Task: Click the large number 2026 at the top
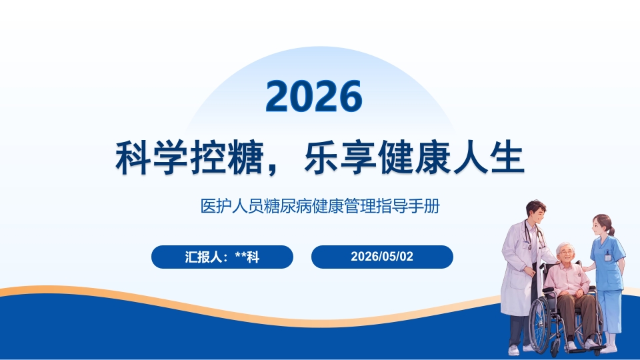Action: (314, 96)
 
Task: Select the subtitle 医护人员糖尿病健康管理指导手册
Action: (320, 206)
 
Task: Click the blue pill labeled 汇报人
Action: (222, 257)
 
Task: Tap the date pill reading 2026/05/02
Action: (382, 257)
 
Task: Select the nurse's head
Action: (601, 225)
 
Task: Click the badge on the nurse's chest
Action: (608, 256)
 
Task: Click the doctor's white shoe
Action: (514, 350)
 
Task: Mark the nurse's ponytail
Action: (611, 230)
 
